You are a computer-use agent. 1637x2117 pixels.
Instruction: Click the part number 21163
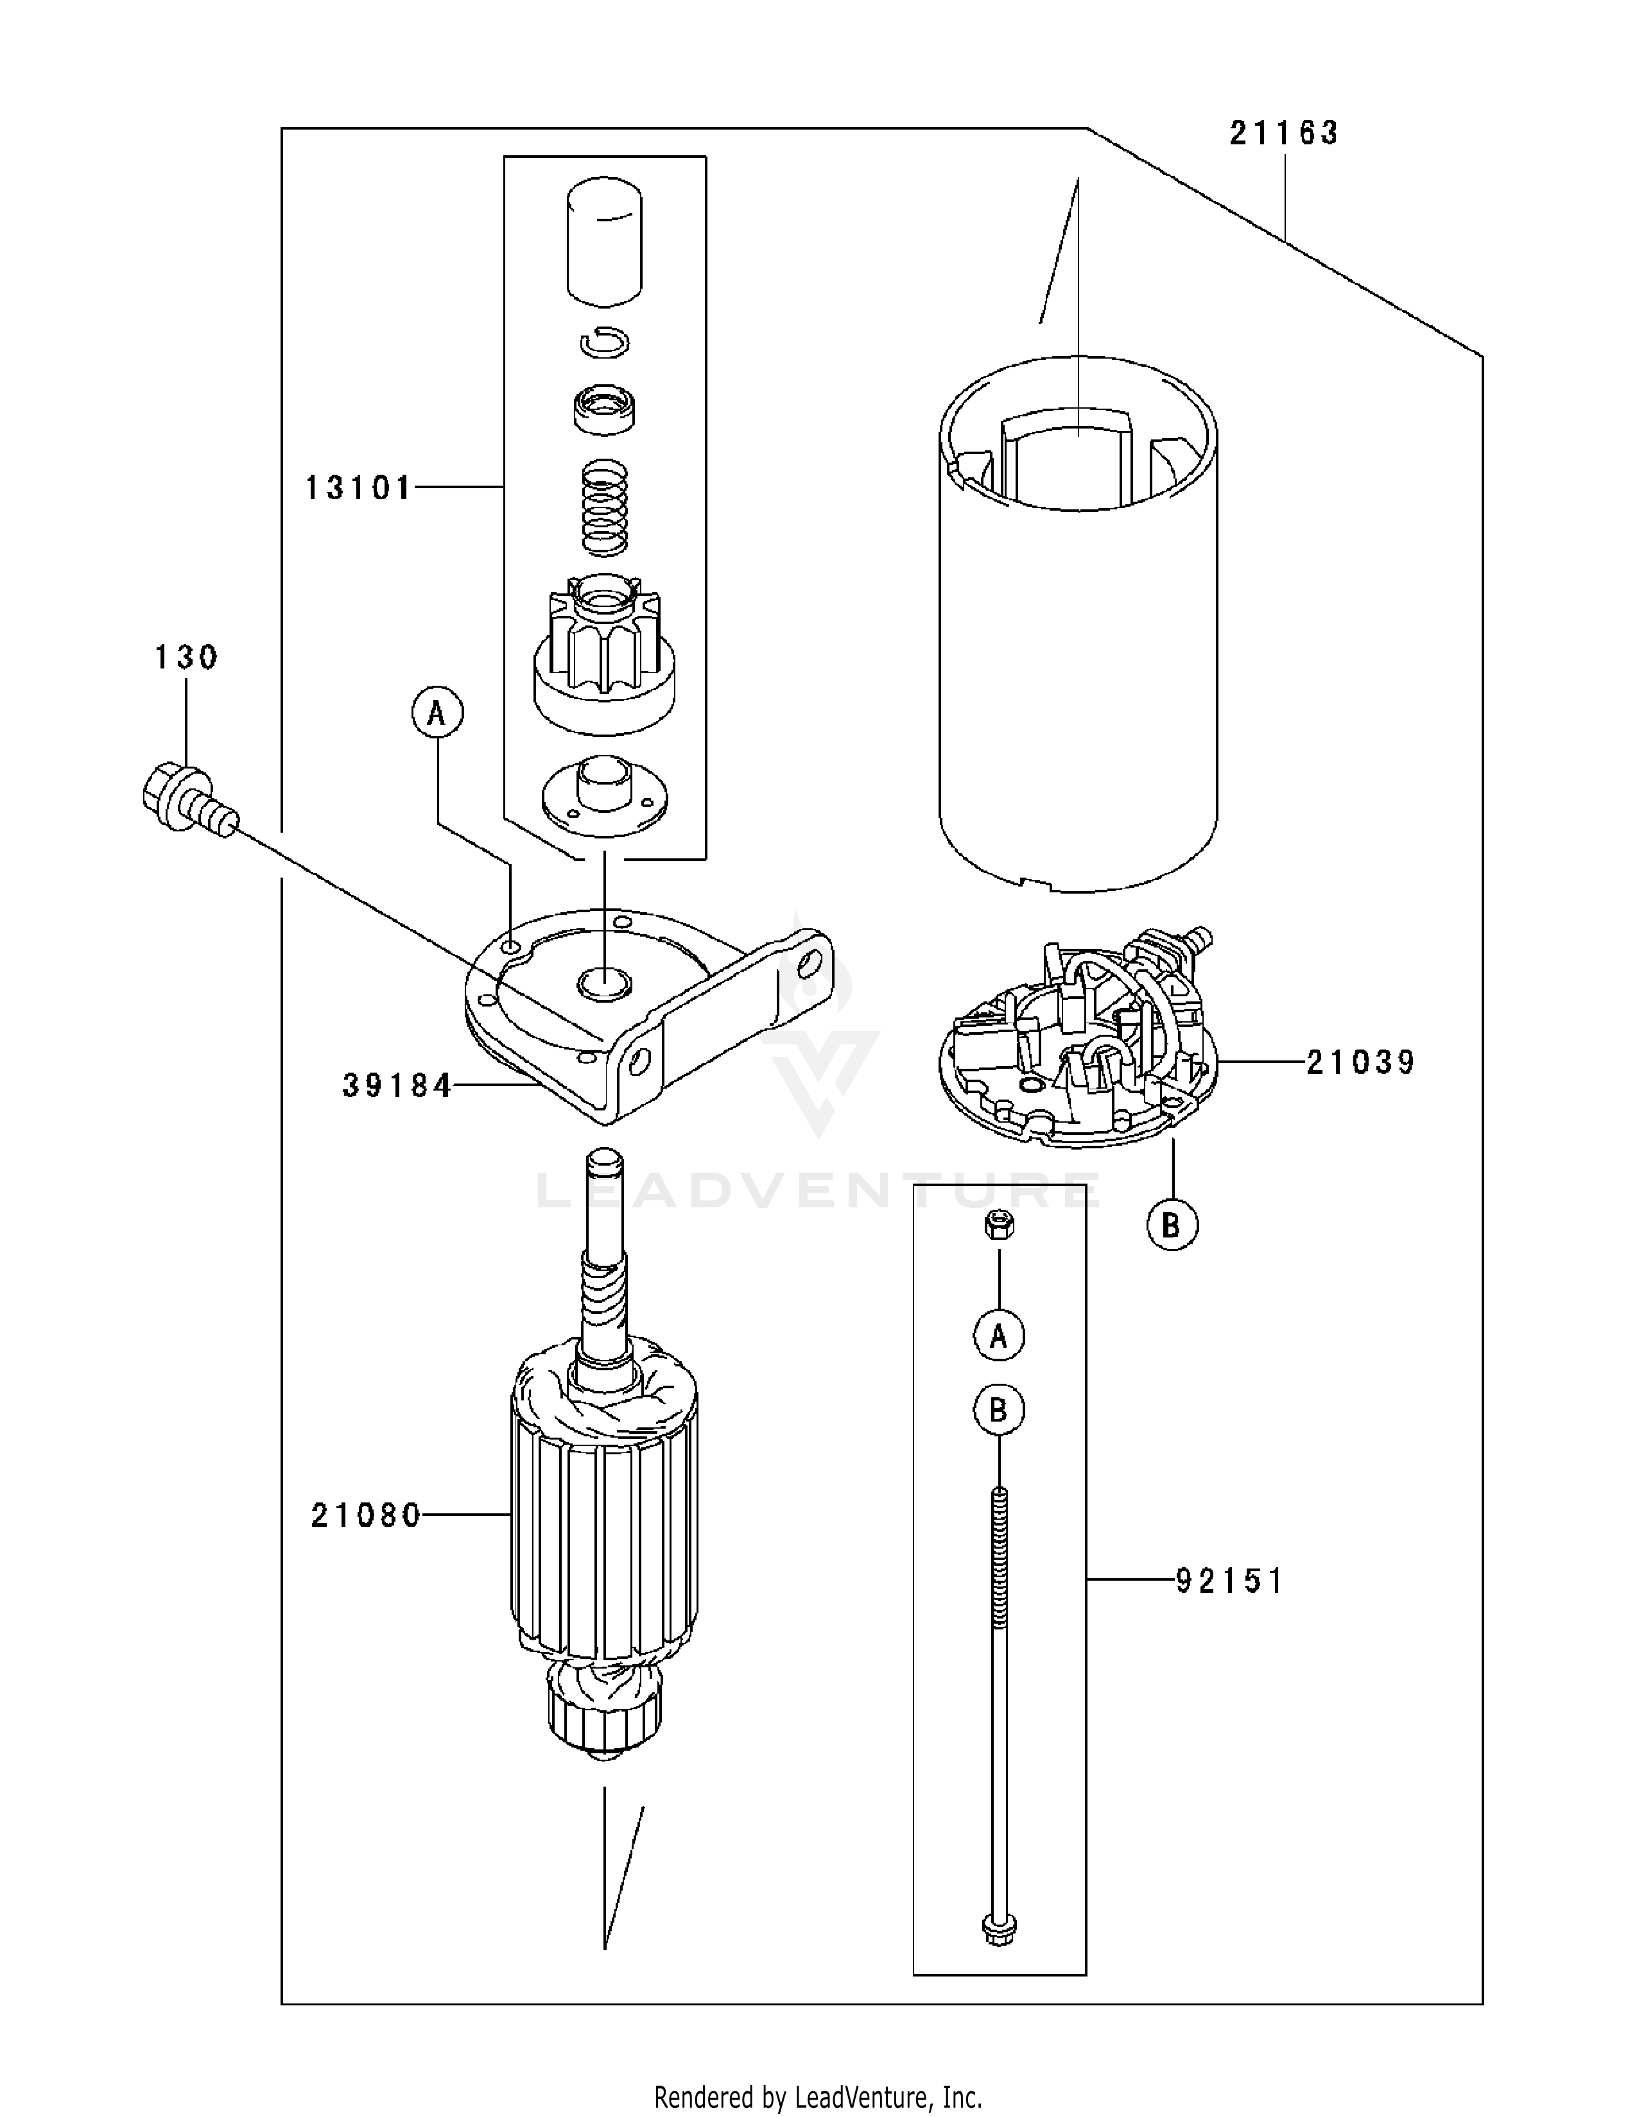[x=1283, y=133]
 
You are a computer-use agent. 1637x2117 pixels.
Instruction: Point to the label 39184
[x=397, y=1085]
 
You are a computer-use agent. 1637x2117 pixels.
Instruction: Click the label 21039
[x=1360, y=1062]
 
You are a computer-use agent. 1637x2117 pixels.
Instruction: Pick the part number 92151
[x=1229, y=1581]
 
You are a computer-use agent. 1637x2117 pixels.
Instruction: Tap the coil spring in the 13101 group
[x=603, y=508]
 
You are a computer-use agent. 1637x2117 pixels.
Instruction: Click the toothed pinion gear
[x=603, y=654]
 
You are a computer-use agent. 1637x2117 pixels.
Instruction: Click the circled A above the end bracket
[x=437, y=713]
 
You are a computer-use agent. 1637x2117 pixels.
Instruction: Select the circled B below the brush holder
[x=1172, y=1225]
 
